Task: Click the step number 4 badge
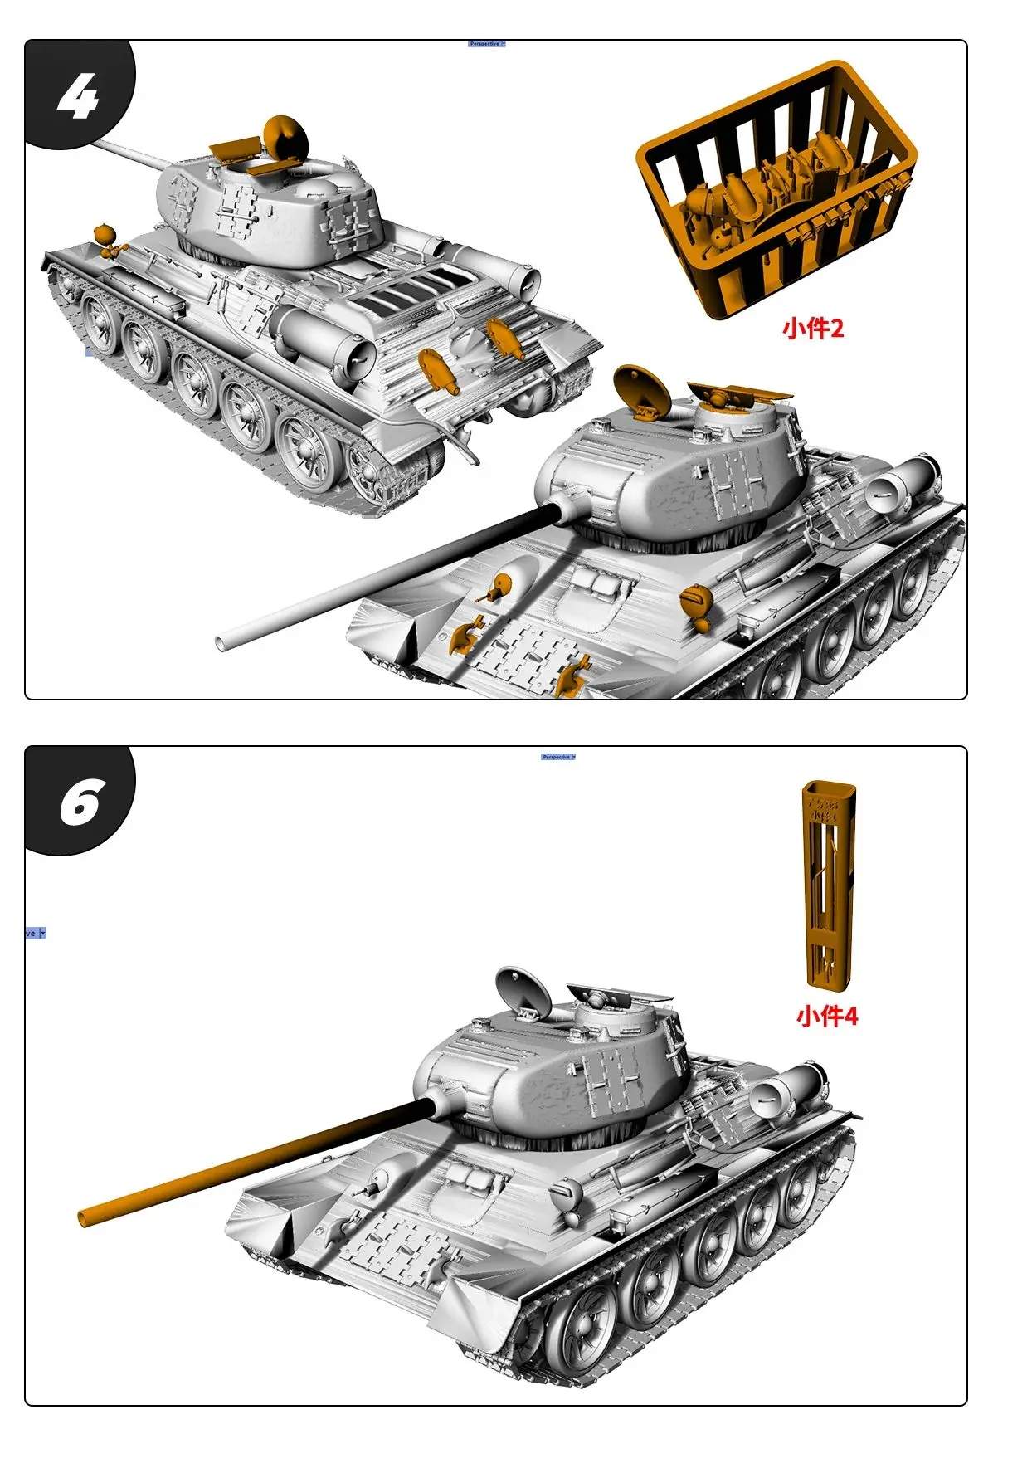tap(79, 96)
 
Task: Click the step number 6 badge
tap(79, 802)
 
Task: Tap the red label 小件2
tap(812, 329)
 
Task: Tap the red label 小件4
tap(826, 1016)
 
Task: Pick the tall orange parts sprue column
tap(826, 885)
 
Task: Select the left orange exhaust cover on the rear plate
tap(437, 370)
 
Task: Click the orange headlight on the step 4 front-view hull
tap(695, 599)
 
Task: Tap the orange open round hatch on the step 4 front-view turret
tap(641, 388)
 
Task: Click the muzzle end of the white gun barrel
tap(223, 641)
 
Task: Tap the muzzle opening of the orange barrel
tap(85, 1218)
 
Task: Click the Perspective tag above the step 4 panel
tap(486, 43)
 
